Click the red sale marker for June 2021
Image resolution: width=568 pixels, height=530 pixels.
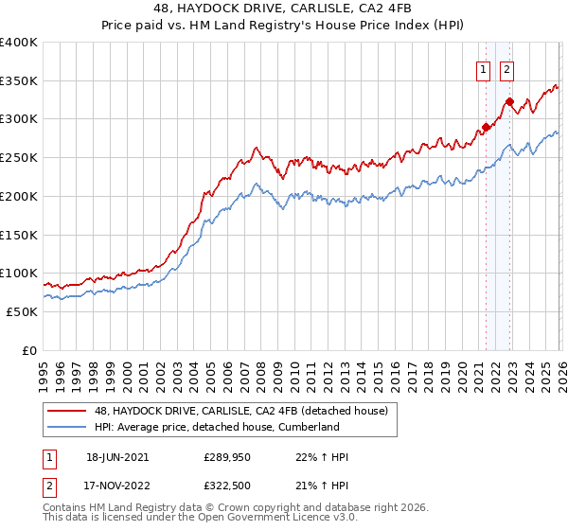(486, 126)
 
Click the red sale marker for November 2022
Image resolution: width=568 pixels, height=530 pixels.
(509, 101)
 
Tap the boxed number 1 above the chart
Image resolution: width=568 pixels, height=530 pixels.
(483, 68)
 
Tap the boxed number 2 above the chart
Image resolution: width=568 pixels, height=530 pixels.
(507, 68)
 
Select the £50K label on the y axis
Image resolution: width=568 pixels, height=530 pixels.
(23, 311)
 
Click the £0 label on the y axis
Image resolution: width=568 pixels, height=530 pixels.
(30, 350)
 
